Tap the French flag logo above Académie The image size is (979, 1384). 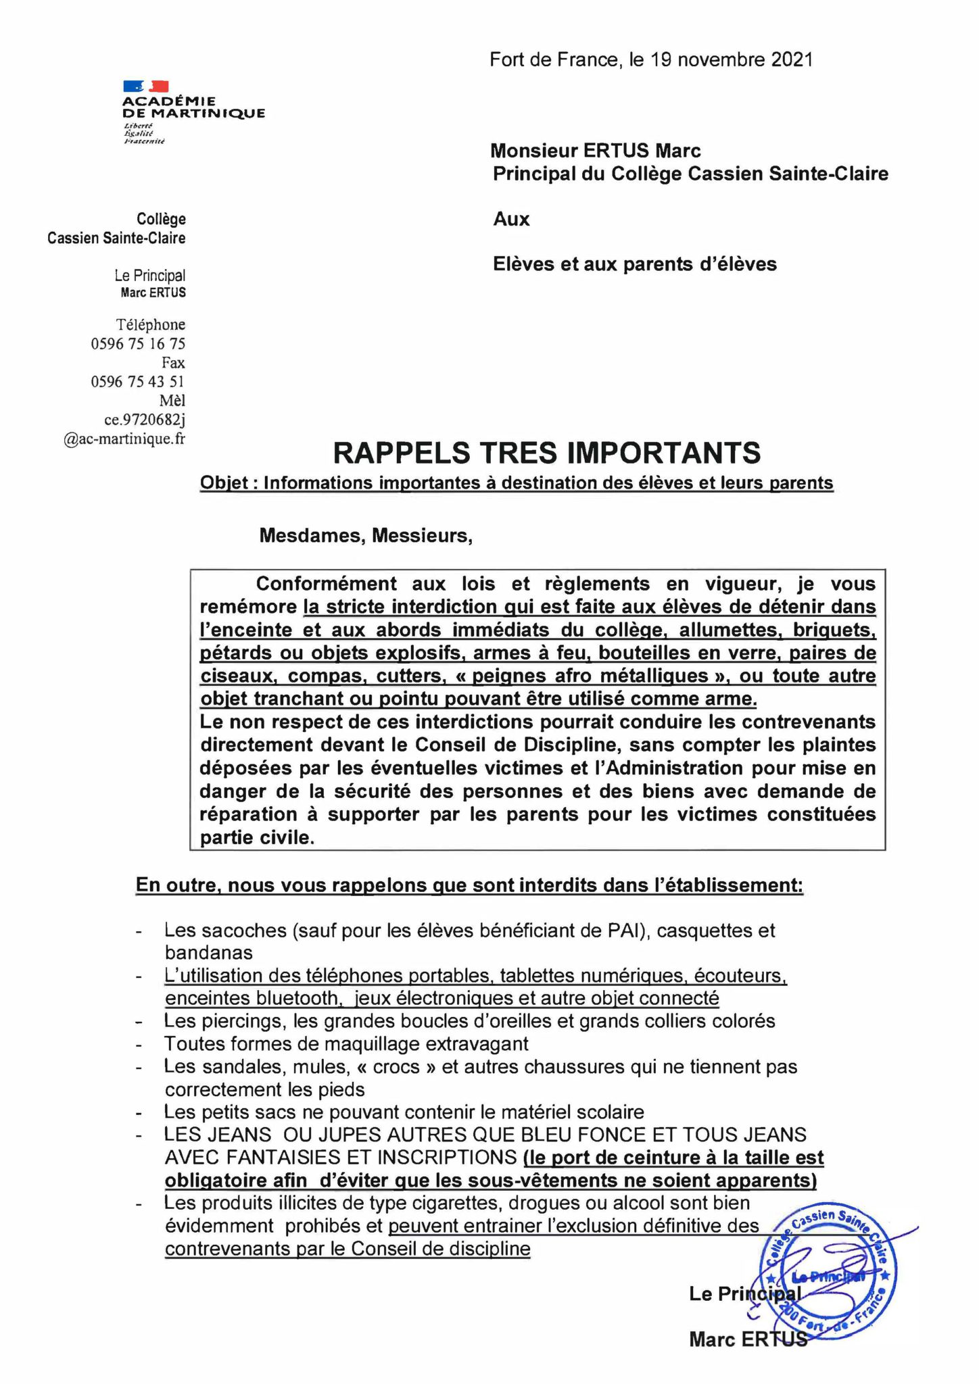coord(145,86)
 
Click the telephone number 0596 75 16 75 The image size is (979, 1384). coord(138,343)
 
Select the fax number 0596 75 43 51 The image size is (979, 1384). coord(138,382)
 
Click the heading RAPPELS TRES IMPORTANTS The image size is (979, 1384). coord(547,453)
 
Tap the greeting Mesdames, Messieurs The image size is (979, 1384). coord(366,536)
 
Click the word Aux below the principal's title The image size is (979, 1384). coord(511,219)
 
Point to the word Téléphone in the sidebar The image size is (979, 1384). coord(150,324)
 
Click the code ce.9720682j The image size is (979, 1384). coord(144,420)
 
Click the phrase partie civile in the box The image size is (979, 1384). coord(257,838)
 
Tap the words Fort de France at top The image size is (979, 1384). coord(552,60)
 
